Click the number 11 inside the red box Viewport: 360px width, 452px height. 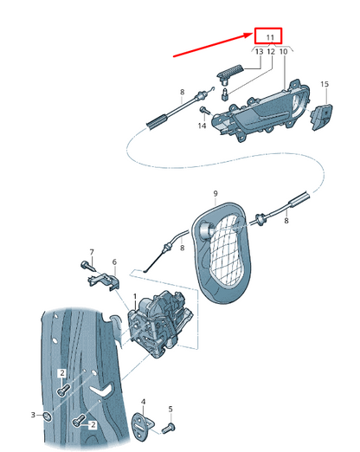270,37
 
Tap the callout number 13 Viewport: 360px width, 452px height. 260,52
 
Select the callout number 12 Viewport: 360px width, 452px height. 271,52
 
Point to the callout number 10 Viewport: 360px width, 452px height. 284,52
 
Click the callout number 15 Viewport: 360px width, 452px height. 325,84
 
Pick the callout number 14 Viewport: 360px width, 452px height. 202,126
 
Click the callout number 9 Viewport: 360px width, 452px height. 215,193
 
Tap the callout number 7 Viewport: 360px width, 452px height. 92,252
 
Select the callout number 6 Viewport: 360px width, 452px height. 114,262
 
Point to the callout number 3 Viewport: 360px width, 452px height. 33,415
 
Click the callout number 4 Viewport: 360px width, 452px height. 144,402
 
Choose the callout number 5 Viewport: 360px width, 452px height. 170,409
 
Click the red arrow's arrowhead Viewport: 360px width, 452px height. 248,36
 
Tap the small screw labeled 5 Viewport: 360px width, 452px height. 169,428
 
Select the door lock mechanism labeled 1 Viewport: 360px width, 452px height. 159,324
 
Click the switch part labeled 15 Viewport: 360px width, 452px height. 321,117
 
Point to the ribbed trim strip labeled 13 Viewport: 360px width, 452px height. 230,71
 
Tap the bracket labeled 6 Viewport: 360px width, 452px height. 104,281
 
